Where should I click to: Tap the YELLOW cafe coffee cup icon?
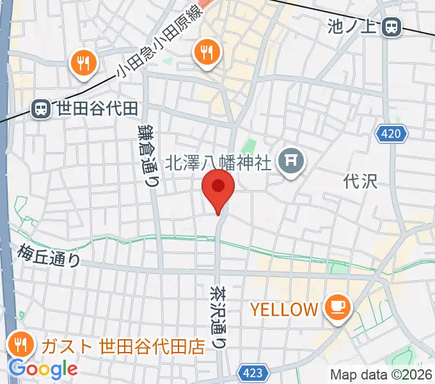pyautogui.click(x=338, y=308)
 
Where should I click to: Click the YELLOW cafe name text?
pyautogui.click(x=283, y=310)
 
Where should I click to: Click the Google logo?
pyautogui.click(x=42, y=369)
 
